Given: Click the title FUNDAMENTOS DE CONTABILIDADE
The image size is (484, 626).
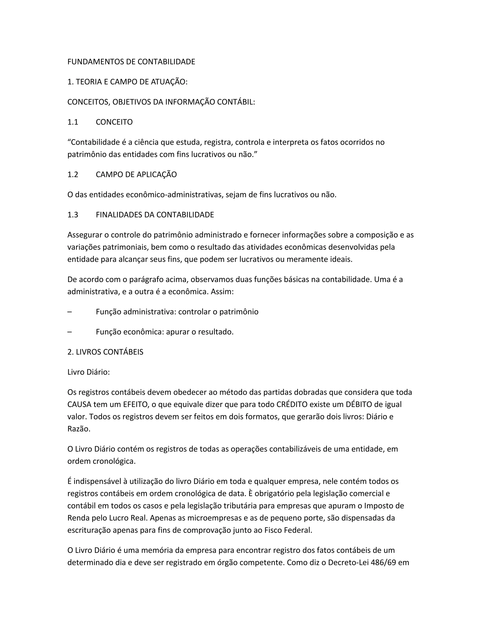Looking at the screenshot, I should pyautogui.click(x=131, y=62).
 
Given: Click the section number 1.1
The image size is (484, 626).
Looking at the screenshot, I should pyautogui.click(x=73, y=122).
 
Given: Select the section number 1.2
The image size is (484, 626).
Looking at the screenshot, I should pyautogui.click(x=73, y=175).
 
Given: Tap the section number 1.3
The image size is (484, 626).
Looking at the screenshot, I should pyautogui.click(x=73, y=215).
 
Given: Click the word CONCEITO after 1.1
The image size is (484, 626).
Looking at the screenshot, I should pyautogui.click(x=114, y=122).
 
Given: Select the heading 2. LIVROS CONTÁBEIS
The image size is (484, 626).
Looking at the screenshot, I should pyautogui.click(x=105, y=352).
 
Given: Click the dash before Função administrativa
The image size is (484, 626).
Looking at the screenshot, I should pyautogui.click(x=70, y=312).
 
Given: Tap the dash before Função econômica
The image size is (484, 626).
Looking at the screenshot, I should pyautogui.click(x=70, y=332).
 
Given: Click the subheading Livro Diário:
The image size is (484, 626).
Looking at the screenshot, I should pyautogui.click(x=89, y=372).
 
